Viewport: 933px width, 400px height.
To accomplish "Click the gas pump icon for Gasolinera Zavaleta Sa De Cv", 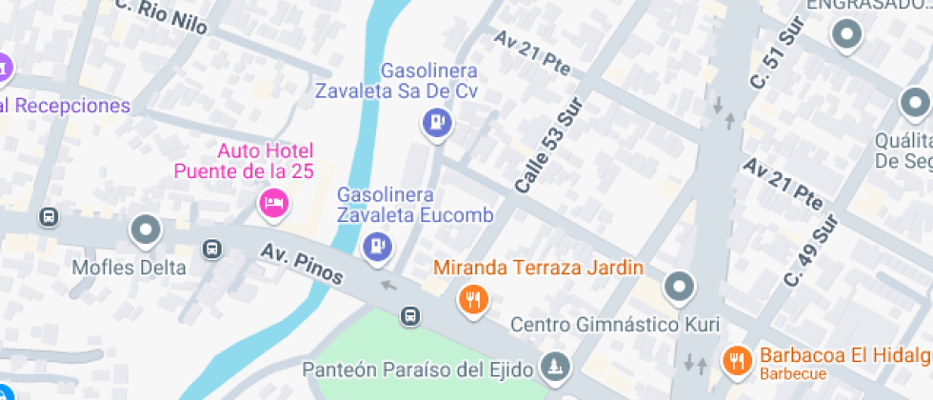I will click(437, 123).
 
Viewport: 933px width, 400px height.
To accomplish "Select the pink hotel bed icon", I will click(274, 202).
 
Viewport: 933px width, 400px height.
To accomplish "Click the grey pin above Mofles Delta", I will click(145, 229).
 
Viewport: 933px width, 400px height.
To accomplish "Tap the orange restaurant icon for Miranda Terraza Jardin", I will click(473, 300).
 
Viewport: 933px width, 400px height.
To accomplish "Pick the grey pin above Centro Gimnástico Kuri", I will click(678, 285).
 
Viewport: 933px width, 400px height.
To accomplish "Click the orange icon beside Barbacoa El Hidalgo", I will click(736, 360).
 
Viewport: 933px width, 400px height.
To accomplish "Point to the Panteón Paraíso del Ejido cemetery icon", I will click(554, 365).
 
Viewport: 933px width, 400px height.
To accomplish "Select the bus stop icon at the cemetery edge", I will click(410, 315).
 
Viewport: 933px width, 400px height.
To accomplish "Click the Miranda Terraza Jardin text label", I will click(539, 268).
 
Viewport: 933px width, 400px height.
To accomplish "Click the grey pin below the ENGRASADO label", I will click(845, 36).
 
